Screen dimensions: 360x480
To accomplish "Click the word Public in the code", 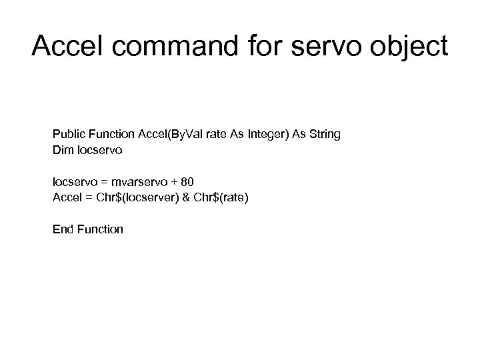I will [x=69, y=135].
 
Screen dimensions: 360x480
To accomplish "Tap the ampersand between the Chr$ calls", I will [x=187, y=198].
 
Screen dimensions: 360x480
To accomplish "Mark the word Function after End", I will [x=100, y=229].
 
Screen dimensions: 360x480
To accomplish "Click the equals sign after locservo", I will [x=104, y=182].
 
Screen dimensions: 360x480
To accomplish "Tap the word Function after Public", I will [x=111, y=135].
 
